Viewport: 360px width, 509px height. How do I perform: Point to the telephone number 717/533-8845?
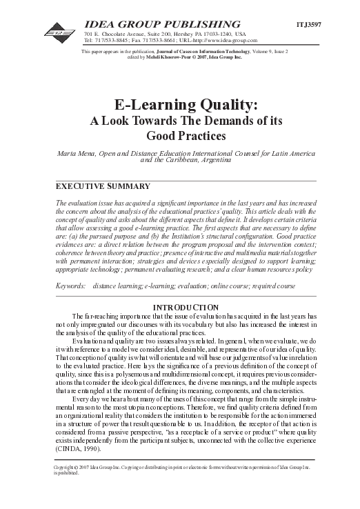pyautogui.click(x=106, y=40)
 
